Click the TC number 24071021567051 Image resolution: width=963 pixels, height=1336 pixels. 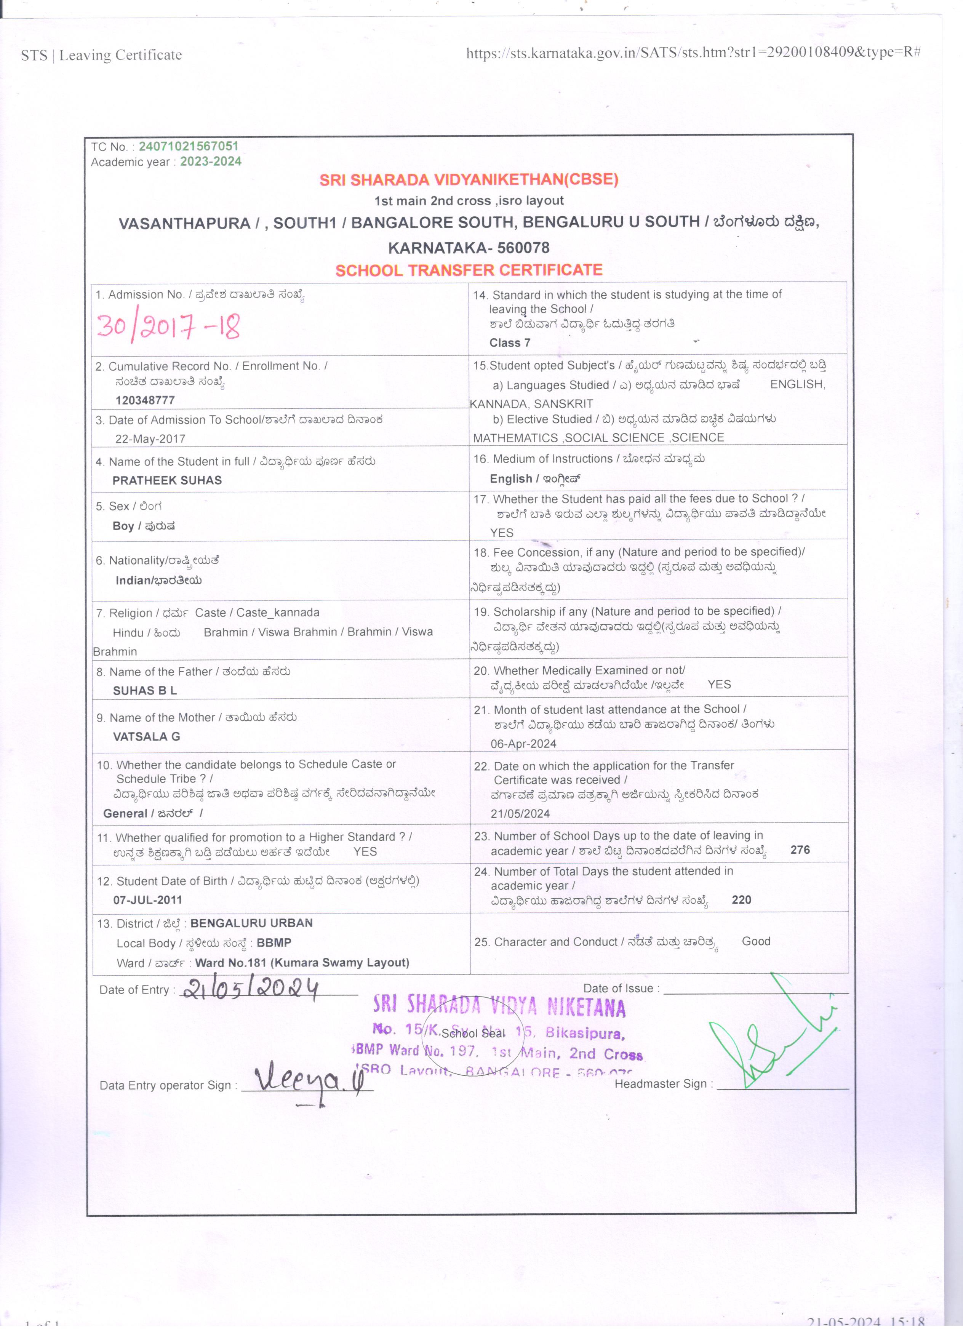[x=189, y=146]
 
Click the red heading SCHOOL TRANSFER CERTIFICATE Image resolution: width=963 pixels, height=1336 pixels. [x=469, y=270]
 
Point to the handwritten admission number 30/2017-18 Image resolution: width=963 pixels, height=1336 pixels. [x=168, y=327]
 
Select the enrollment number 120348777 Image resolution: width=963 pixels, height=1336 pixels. [x=145, y=400]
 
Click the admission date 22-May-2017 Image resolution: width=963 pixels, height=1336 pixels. [x=150, y=439]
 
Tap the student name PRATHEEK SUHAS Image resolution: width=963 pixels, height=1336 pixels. [x=167, y=480]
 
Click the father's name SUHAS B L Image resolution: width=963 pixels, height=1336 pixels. [x=144, y=690]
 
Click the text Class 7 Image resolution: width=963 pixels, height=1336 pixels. [x=509, y=343]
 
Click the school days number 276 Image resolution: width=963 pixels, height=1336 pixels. [x=800, y=850]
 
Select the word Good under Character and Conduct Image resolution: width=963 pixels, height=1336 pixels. [x=756, y=941]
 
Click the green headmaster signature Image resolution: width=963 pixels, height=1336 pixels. [x=771, y=1037]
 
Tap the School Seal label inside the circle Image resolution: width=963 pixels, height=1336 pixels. [x=473, y=1033]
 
